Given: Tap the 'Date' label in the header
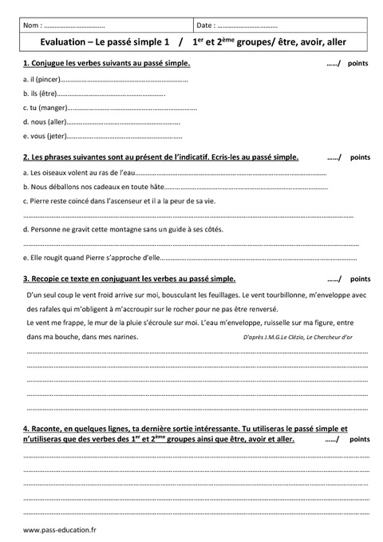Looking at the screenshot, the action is tap(206, 26).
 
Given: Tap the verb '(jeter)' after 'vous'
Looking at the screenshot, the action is tap(57, 136).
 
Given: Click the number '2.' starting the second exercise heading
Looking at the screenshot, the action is tap(27, 157).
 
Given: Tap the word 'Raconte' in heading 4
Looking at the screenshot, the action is tap(49, 428).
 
